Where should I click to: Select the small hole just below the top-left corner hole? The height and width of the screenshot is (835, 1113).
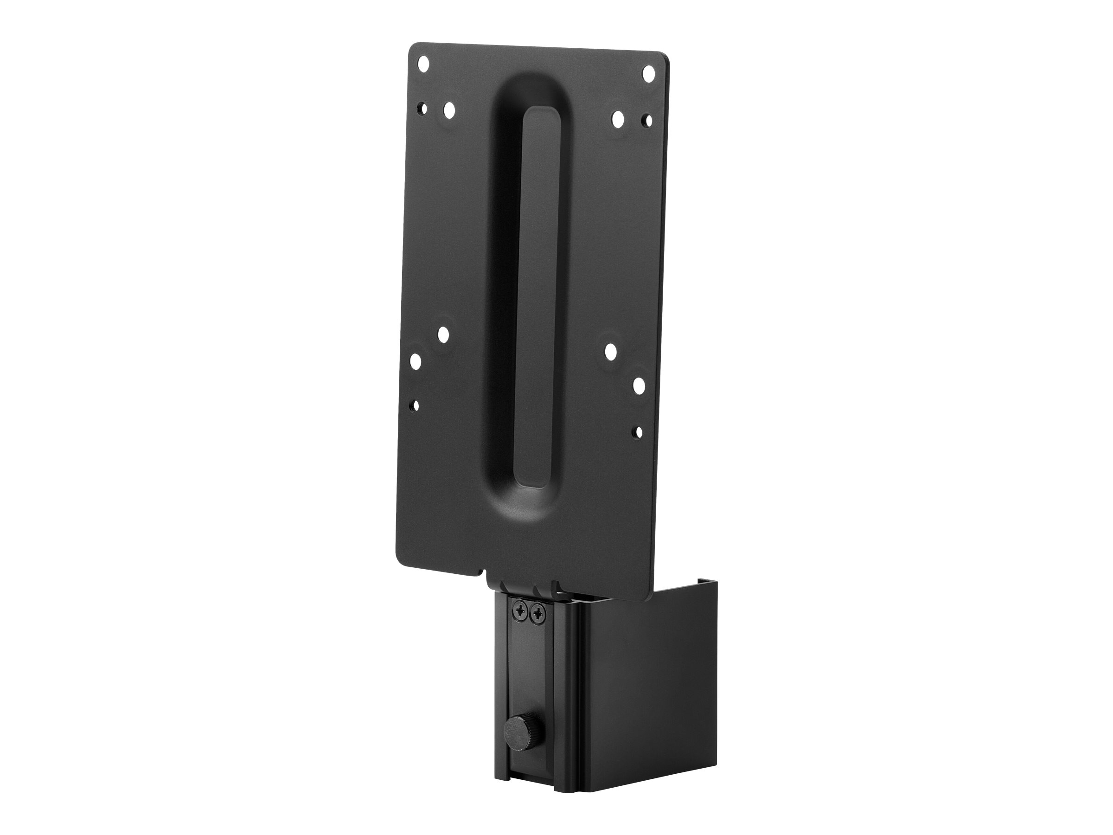click(424, 108)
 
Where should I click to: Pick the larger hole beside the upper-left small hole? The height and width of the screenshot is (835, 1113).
click(449, 110)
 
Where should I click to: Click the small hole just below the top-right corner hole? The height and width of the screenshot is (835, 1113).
click(648, 121)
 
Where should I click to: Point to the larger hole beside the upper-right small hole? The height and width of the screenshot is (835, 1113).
click(618, 119)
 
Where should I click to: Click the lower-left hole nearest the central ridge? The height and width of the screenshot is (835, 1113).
click(443, 333)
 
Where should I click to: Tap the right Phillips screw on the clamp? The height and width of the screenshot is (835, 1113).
click(538, 614)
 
